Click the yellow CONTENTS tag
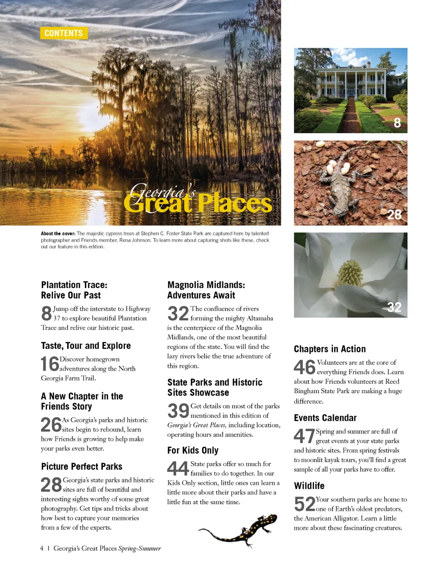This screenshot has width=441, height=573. point(64,33)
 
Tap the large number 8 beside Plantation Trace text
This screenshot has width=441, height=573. point(47,313)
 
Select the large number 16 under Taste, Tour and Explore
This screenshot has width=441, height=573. point(50,364)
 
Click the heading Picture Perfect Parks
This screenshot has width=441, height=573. point(82,467)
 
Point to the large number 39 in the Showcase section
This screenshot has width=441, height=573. point(178,411)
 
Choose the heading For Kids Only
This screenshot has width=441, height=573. point(193,451)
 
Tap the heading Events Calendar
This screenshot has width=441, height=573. point(325,418)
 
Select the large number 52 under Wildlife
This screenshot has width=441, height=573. point(304,504)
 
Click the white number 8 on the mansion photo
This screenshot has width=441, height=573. point(397,123)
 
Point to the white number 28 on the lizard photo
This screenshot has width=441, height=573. point(394,215)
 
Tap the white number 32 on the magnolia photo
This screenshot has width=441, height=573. point(394,307)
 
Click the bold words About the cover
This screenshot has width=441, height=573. point(58,234)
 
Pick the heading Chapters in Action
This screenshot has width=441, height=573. point(330,349)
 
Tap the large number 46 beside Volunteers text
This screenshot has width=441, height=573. point(305,367)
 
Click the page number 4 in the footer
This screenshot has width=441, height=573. point(42,548)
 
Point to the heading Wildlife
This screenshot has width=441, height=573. point(309,486)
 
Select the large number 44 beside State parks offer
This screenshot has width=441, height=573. point(178,469)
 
